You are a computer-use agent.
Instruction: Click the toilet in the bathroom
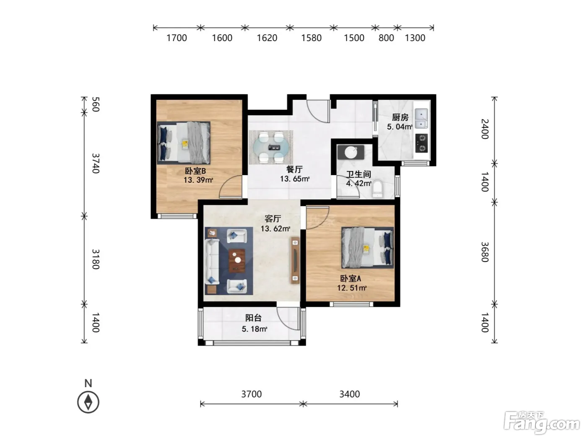pyautogui.click(x=377, y=189)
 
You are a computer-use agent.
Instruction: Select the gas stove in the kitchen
pyautogui.click(x=421, y=143)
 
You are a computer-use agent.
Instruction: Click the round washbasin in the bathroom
pyautogui.click(x=351, y=152)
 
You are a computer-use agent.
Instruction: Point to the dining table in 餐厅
pyautogui.click(x=271, y=147)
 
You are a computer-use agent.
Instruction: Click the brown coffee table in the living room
pyautogui.click(x=237, y=261)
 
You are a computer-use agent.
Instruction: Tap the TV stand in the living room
pyautogui.click(x=295, y=260)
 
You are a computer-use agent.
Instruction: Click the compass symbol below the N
pyautogui.click(x=88, y=402)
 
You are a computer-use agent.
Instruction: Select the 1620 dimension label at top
pyautogui.click(x=267, y=38)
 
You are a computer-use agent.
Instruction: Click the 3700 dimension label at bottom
pyautogui.click(x=252, y=394)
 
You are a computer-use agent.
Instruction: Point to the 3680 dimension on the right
pyautogui.click(x=485, y=252)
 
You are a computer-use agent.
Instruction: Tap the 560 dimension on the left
pyautogui.click(x=96, y=104)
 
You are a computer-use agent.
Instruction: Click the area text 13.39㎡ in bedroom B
pyautogui.click(x=198, y=180)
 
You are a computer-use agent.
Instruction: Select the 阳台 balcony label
pyautogui.click(x=253, y=318)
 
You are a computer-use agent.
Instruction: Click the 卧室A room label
pyautogui.click(x=351, y=279)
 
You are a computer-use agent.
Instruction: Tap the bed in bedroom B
pyautogui.click(x=184, y=142)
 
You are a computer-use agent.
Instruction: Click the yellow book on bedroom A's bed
pyautogui.click(x=366, y=249)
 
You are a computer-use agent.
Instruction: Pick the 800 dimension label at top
pyautogui.click(x=386, y=38)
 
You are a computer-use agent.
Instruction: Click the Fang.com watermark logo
pyautogui.click(x=542, y=423)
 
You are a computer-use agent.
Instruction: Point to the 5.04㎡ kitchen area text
pyautogui.click(x=400, y=127)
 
